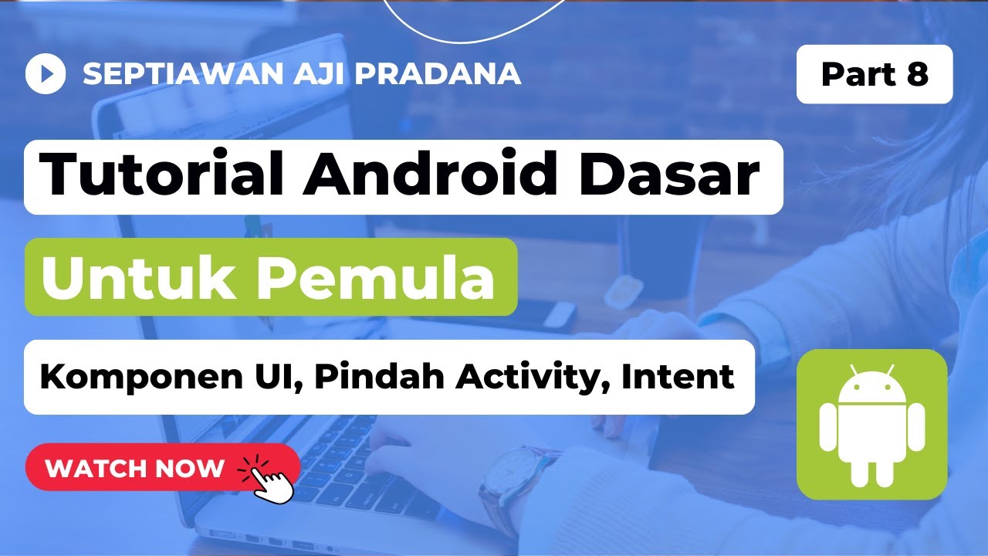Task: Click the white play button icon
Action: click(46, 74)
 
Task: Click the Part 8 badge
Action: click(875, 74)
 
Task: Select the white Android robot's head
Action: click(871, 385)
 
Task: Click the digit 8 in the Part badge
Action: click(916, 74)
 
